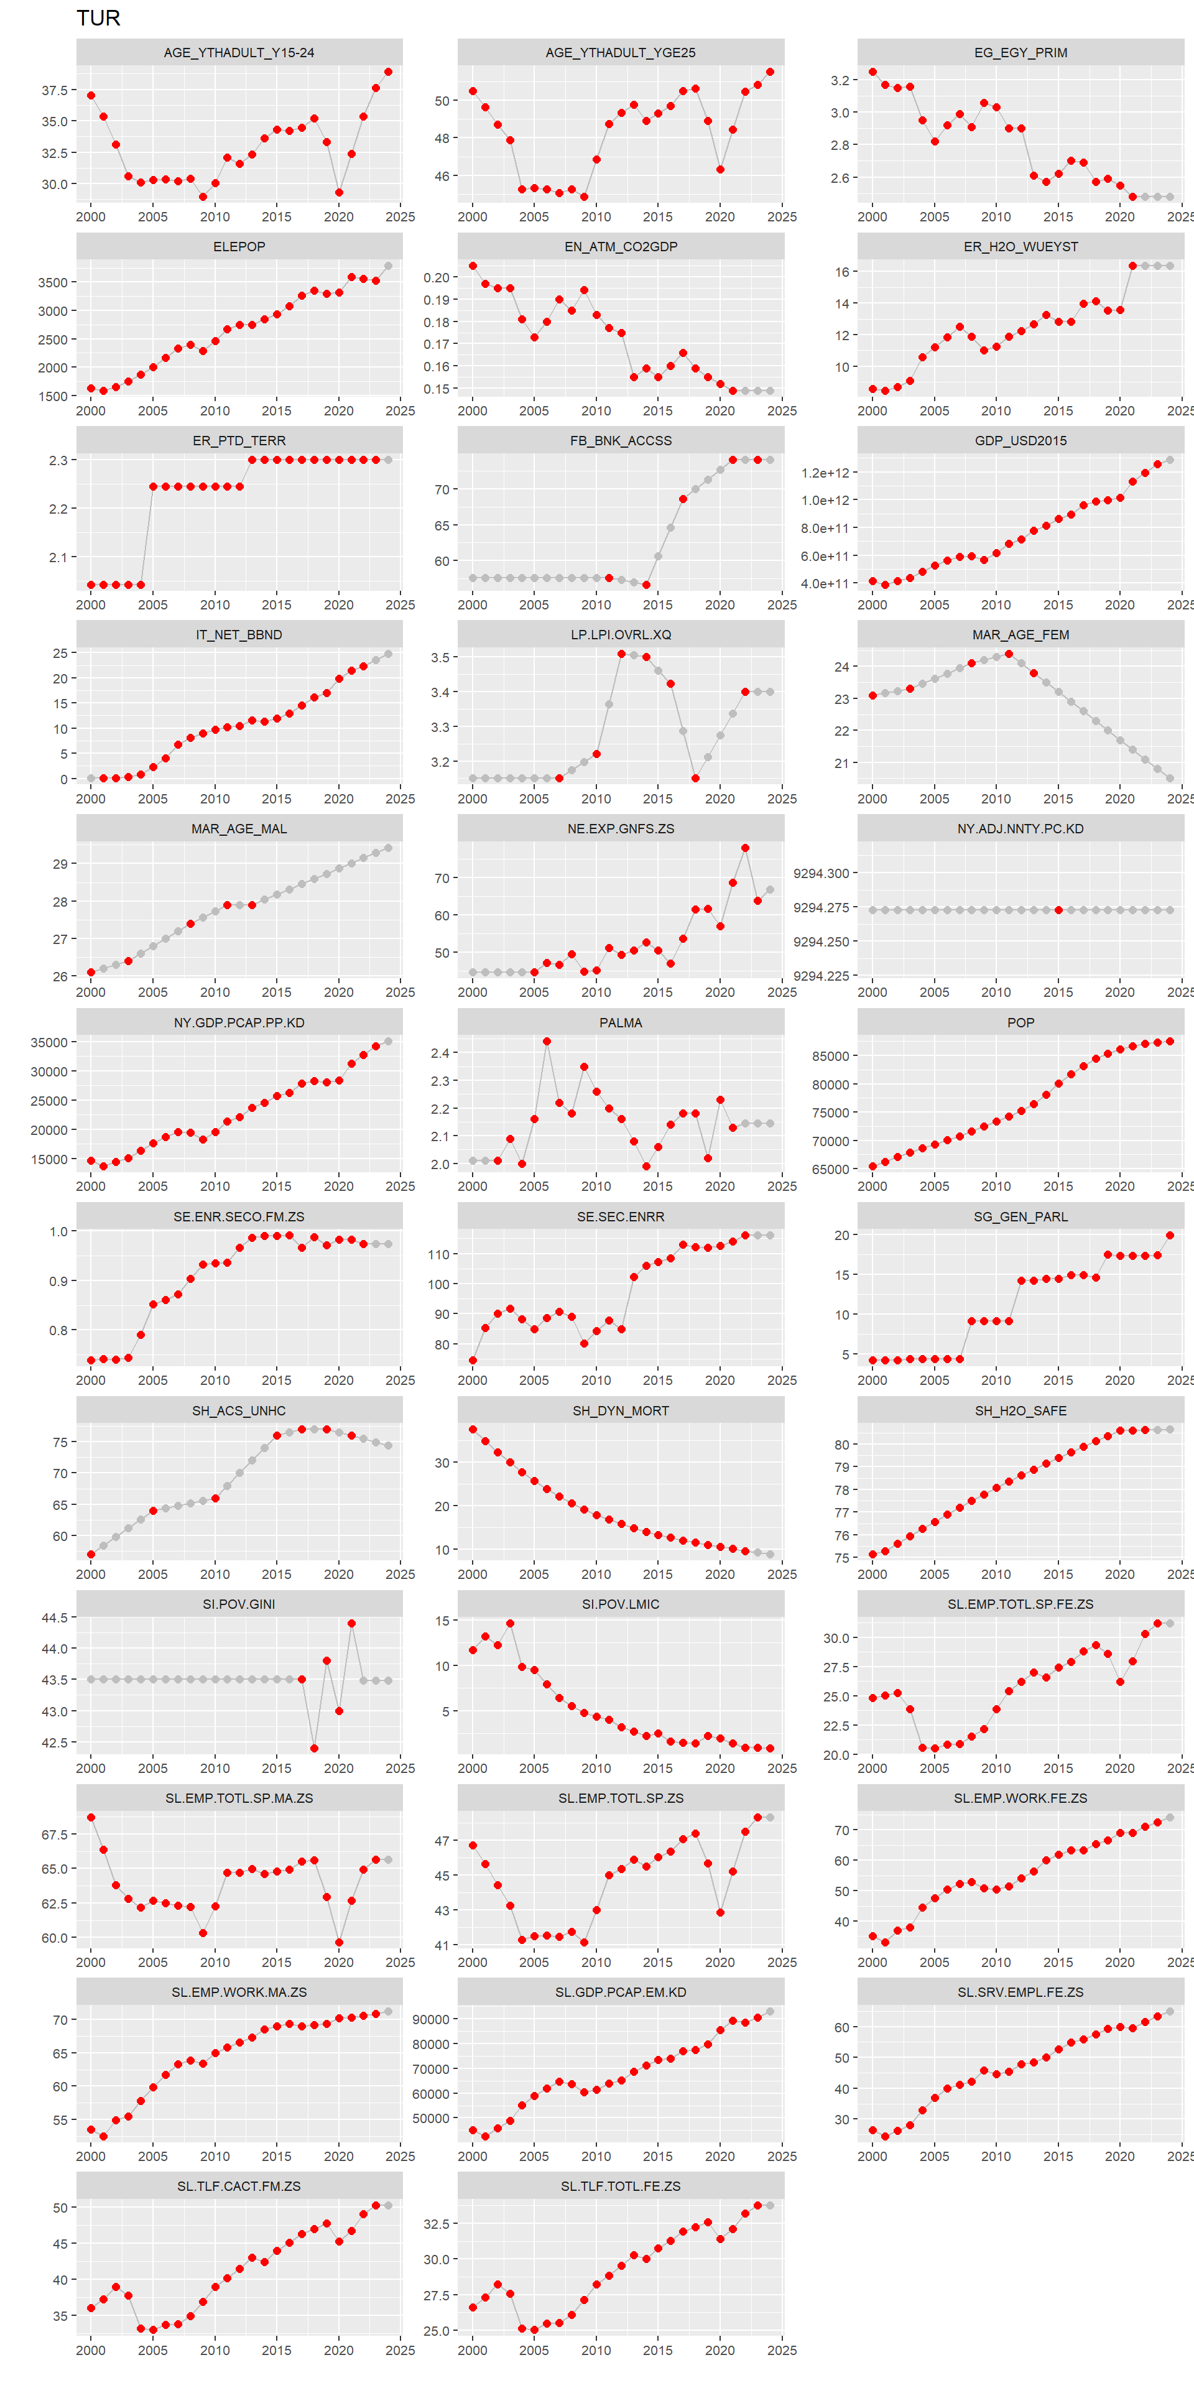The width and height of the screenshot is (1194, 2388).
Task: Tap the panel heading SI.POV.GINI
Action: click(x=239, y=1604)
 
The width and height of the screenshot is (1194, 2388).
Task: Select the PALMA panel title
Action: click(x=620, y=1022)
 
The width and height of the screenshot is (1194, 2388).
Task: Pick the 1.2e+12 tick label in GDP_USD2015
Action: click(x=825, y=473)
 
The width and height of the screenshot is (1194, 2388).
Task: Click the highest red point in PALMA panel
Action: click(x=547, y=1041)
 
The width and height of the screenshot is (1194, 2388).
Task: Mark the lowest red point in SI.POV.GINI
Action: click(x=314, y=1748)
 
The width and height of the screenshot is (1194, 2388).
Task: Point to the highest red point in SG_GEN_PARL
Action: click(x=1170, y=1235)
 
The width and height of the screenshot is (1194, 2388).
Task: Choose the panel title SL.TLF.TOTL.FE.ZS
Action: click(x=620, y=2186)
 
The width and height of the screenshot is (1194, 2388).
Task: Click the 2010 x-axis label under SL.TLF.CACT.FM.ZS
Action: click(x=215, y=2350)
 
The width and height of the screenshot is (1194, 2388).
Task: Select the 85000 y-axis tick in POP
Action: click(x=831, y=1056)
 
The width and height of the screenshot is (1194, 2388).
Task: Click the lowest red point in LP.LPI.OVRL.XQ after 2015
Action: click(x=695, y=779)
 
